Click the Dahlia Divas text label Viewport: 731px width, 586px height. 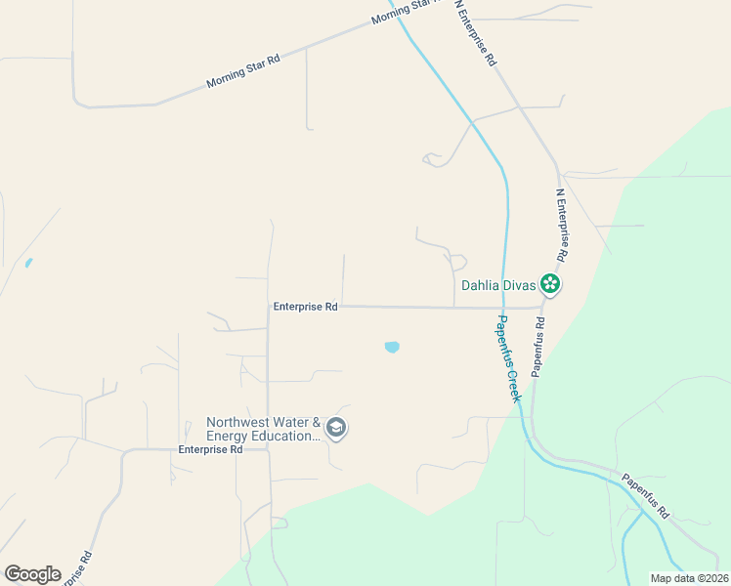coord(498,286)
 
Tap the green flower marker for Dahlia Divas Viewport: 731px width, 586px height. coord(551,284)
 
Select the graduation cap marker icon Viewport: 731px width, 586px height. coord(336,428)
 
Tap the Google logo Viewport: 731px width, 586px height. coord(32,574)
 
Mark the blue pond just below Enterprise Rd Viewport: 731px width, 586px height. coord(392,347)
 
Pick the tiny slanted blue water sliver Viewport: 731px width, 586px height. coord(28,263)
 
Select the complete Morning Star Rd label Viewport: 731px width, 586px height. coord(243,71)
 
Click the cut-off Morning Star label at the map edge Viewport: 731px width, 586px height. coord(401,14)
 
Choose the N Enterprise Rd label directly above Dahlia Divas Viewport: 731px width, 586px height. coord(561,226)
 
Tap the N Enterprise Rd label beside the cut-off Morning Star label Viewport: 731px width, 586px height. coord(476,33)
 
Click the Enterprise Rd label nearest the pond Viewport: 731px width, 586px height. coord(305,307)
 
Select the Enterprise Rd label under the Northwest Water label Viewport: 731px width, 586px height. coord(210,450)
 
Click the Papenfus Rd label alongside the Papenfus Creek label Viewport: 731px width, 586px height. coord(538,346)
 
